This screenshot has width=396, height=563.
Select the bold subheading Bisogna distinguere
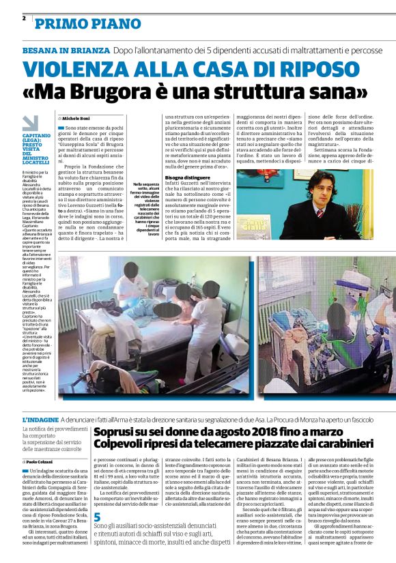pos(188,177)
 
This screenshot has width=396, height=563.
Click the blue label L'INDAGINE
pos(40,418)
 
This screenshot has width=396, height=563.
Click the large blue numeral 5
pos(98,517)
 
